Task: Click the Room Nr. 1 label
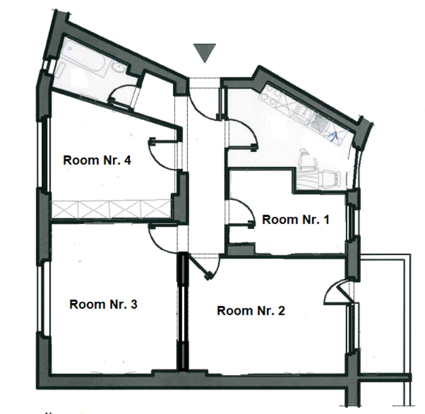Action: tap(296, 219)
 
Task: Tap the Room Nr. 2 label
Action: tap(251, 310)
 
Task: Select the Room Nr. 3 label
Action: tap(103, 304)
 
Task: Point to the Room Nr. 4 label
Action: tap(97, 160)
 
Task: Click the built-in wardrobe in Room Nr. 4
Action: tap(111, 209)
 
